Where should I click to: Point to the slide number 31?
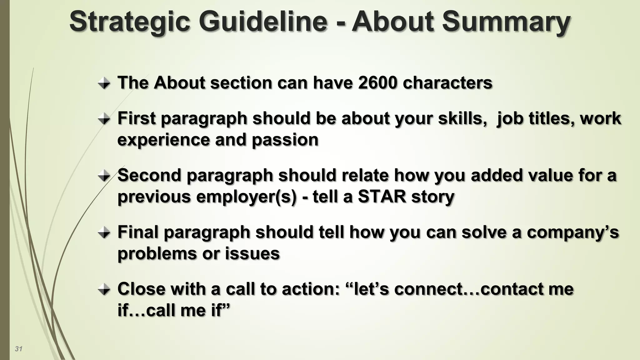[18, 349]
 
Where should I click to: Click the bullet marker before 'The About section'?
[104, 83]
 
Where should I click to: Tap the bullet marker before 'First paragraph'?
[104, 119]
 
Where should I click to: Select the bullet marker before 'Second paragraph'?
[104, 176]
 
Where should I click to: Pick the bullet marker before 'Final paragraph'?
[104, 233]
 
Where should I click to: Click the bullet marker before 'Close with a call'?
[104, 290]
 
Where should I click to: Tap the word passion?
[285, 140]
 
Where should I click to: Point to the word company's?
[573, 233]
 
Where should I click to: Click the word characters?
[447, 83]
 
